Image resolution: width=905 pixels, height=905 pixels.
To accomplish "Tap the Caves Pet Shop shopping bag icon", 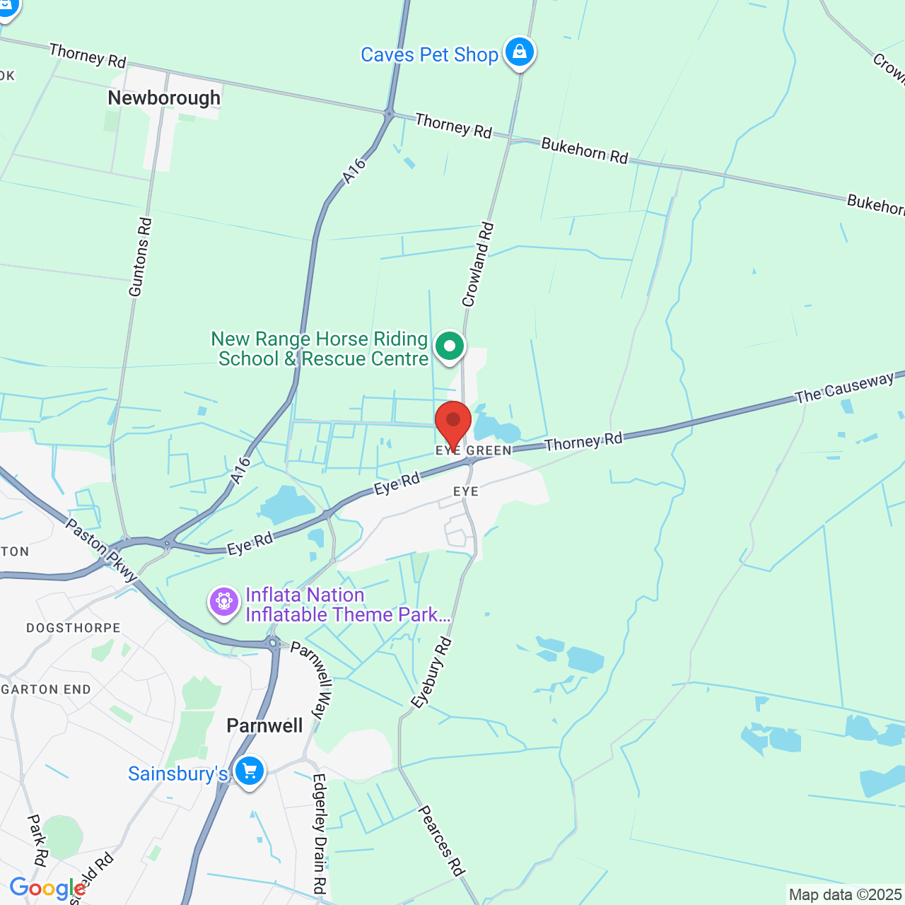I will [x=520, y=53].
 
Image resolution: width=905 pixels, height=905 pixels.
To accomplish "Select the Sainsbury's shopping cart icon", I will [x=250, y=771].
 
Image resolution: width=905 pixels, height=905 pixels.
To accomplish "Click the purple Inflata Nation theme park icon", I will [x=224, y=602].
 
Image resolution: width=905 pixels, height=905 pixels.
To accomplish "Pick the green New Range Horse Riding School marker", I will [x=450, y=347].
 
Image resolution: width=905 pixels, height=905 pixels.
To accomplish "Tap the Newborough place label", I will [x=164, y=98].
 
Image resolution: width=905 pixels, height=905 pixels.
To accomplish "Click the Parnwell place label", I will [x=264, y=725].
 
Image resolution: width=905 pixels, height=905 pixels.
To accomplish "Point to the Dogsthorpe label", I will [x=74, y=628].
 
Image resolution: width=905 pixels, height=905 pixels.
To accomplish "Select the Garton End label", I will [x=47, y=689].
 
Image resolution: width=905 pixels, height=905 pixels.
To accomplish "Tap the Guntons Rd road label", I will [x=140, y=257].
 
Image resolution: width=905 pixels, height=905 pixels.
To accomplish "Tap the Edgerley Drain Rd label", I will [x=320, y=833].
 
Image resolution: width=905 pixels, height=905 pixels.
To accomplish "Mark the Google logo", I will [x=47, y=889].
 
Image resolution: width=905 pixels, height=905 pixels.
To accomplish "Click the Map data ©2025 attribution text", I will [x=845, y=895].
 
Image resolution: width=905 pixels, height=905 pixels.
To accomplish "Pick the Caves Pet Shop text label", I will [x=429, y=54].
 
